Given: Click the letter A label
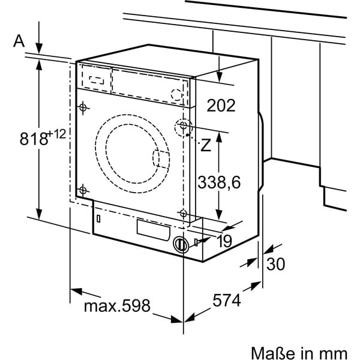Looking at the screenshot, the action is [x=19, y=41].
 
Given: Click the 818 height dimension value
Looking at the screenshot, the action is [x=34, y=139].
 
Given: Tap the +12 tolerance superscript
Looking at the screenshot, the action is [x=57, y=134].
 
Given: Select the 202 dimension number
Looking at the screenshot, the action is [x=221, y=106].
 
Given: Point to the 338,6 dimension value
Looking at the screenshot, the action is [x=219, y=182].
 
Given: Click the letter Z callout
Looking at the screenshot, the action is [x=206, y=145].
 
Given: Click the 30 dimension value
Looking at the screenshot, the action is [x=275, y=264].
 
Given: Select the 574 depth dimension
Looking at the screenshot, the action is [x=227, y=301].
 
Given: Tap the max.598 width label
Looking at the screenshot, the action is [x=117, y=305].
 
